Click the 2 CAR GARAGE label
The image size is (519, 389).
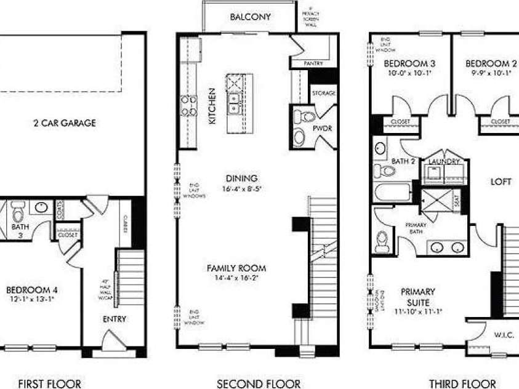[65, 122]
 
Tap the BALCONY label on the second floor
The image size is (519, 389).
[250, 17]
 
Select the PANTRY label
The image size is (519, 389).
[313, 63]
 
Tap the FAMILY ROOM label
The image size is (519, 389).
[236, 268]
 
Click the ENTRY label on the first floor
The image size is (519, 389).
[115, 319]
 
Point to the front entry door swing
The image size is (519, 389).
[112, 340]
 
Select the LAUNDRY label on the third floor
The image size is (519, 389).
[445, 161]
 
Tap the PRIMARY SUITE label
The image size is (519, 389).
[418, 297]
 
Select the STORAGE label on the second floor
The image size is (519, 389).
[324, 94]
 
